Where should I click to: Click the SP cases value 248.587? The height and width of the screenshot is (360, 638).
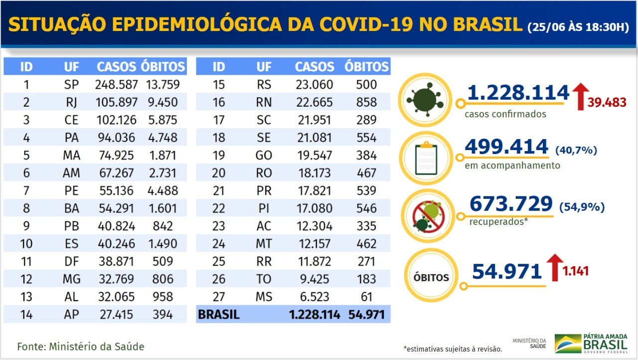click(116, 84)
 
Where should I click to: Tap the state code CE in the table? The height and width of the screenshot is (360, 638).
click(71, 120)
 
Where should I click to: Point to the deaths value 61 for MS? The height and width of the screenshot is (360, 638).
click(366, 297)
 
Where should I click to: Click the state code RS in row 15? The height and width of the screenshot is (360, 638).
click(264, 84)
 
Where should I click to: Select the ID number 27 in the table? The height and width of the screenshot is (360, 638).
click(218, 297)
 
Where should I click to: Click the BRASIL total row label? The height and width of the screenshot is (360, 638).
click(219, 315)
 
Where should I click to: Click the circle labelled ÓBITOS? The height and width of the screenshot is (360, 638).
click(430, 277)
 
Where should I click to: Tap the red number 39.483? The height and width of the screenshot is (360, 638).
click(607, 102)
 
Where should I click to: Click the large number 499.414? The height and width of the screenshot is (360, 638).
click(506, 147)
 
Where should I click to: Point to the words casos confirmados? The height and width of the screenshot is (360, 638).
click(505, 114)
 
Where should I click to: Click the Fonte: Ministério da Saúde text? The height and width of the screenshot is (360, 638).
click(81, 346)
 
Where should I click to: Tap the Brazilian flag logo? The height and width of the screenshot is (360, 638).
click(568, 343)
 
